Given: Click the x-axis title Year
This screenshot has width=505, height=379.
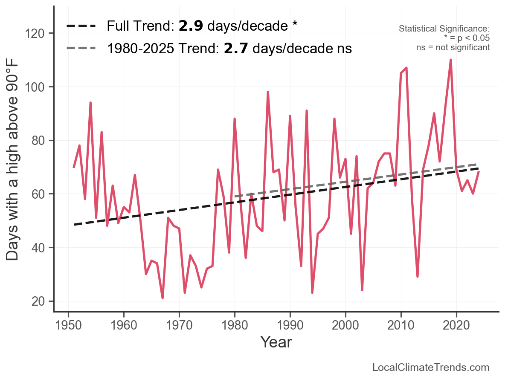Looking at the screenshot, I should coord(276,342).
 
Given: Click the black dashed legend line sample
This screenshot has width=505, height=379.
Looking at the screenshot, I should coord(81,26).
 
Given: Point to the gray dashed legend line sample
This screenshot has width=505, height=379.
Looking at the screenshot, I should coord(81,49).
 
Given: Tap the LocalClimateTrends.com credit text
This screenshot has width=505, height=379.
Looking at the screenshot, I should coord(431,367).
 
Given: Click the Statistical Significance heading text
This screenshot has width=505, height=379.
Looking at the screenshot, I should coord(444,29).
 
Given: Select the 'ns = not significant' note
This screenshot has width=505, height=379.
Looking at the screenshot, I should coord(453,47).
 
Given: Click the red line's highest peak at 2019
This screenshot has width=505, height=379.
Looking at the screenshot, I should coord(451,60).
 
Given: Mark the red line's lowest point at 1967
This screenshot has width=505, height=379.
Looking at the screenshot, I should coord(163,298).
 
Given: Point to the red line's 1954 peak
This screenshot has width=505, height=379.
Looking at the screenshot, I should coord(90,103).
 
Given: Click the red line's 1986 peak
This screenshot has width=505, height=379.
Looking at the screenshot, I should coord(268,92).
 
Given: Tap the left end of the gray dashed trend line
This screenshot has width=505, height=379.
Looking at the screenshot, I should coord(235,197).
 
